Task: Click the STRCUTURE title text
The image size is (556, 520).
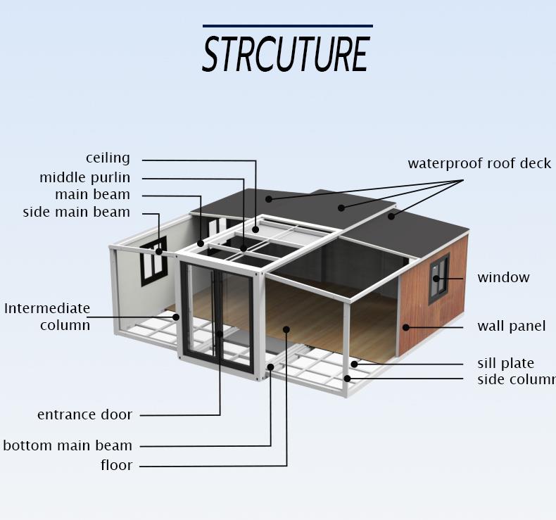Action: coord(286,53)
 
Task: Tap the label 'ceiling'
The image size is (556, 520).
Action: coord(108,158)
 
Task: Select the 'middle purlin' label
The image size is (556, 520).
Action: coord(84,178)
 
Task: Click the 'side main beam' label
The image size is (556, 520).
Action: coord(76,212)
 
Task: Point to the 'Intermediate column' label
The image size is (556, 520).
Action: coord(47,317)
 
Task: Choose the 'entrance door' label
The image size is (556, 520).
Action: coord(84,414)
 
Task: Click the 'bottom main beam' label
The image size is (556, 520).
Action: coord(68,445)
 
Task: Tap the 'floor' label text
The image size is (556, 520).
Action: coord(115,465)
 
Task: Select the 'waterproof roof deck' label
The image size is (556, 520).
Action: coord(479,164)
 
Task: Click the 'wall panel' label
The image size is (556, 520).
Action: coord(511,326)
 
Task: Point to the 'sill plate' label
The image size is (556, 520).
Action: coord(505,363)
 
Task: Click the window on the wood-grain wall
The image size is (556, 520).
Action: coord(438,278)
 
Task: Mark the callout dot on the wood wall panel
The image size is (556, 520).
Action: coord(406,326)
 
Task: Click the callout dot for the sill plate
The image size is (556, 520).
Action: coord(355,364)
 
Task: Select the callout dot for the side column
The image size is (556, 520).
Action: coord(347,379)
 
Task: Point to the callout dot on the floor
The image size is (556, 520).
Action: coord(286,329)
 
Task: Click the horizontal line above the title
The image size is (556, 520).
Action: coord(287,27)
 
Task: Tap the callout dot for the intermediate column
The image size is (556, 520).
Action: coord(177,317)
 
